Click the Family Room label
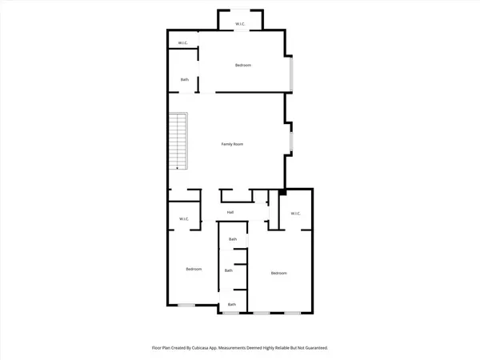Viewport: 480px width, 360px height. tap(232, 144)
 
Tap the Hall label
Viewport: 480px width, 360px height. tap(230, 212)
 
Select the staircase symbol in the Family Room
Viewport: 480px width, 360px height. tap(178, 141)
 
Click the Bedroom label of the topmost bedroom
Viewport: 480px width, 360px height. tap(243, 65)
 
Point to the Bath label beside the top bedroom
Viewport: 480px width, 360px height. tap(185, 79)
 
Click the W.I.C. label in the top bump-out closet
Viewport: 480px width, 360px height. tap(240, 23)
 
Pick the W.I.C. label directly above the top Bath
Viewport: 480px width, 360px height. tap(182, 43)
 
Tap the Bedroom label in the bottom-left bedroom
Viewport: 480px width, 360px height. tap(194, 269)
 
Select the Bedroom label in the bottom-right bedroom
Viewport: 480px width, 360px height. tap(278, 274)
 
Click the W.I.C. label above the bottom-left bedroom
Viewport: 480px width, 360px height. tap(183, 219)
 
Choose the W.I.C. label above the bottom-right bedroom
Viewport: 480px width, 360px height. tap(295, 213)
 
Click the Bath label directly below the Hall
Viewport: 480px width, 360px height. tap(233, 239)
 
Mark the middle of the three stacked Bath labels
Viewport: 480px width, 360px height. tap(229, 270)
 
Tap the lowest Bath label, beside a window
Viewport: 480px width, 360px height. tap(232, 304)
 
